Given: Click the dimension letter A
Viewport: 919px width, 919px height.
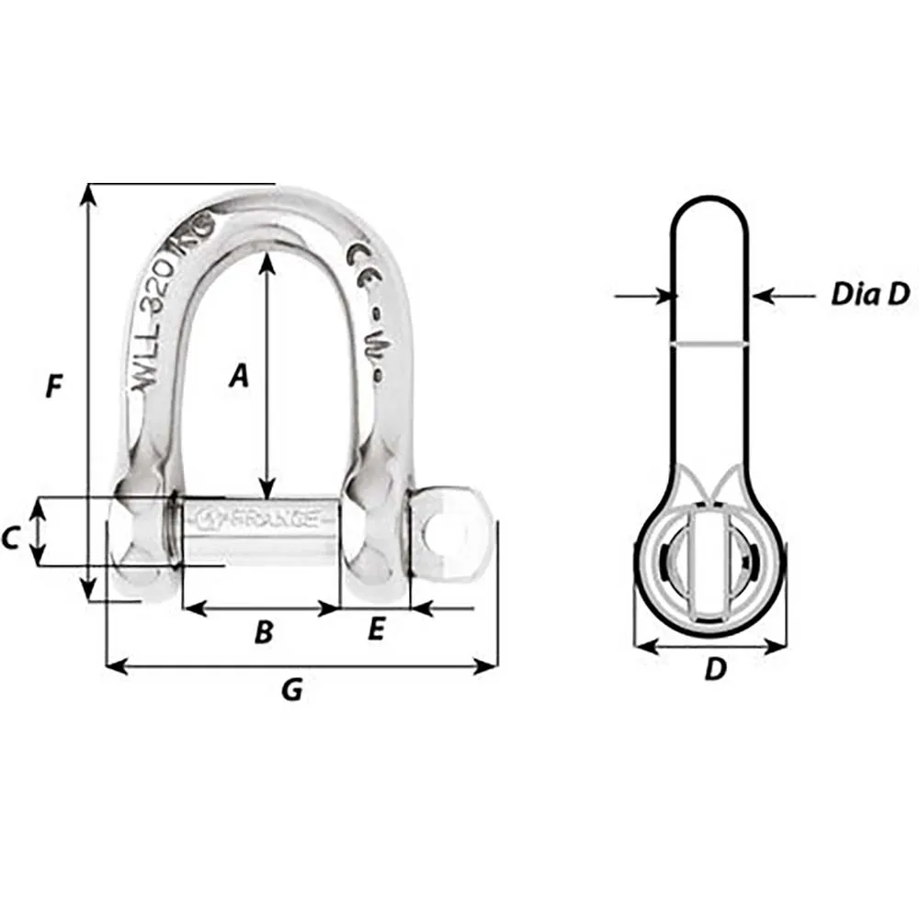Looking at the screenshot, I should pos(239,375).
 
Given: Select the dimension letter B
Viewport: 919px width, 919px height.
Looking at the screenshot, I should pos(263,632).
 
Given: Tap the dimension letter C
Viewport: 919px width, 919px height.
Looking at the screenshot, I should pos(11,538).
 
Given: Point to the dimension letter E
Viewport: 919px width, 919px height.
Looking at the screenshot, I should pos(374,630).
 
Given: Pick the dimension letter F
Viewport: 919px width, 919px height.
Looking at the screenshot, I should pos(54,388).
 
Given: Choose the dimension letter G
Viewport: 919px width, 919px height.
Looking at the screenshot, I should pos(291,689).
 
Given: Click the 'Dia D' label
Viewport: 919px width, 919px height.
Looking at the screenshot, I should pos(869,294).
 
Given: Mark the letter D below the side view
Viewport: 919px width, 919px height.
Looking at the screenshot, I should pos(715,671).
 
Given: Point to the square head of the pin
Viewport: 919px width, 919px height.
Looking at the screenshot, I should pos(448,531).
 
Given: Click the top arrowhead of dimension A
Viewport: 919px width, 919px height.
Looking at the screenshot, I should pos(267,260).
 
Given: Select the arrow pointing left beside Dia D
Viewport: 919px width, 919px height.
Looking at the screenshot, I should pos(762,295).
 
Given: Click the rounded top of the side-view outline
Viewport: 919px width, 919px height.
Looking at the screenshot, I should pos(709,198).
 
